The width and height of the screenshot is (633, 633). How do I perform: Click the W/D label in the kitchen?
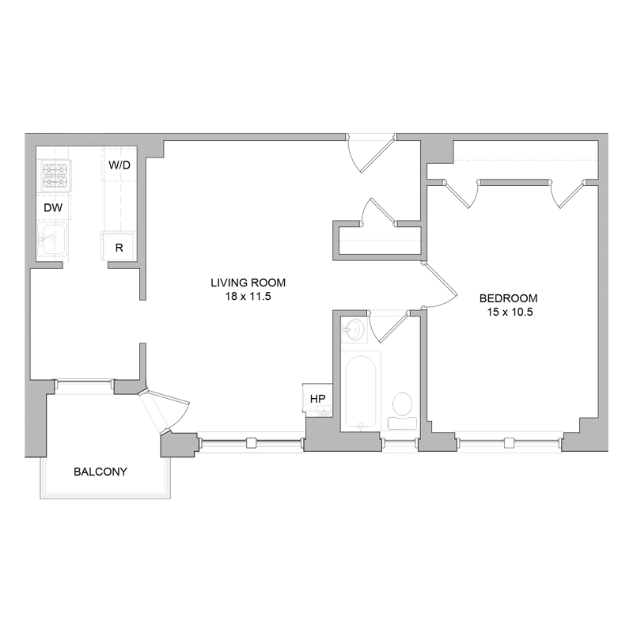coord(120,165)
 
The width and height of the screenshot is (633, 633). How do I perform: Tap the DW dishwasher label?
coord(53,207)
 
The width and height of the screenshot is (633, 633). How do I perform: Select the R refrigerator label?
coord(119,247)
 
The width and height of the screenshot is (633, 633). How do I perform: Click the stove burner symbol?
coord(55,175)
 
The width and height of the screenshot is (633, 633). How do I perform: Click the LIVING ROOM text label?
coord(248,282)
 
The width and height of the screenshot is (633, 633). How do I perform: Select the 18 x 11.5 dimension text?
coord(248,297)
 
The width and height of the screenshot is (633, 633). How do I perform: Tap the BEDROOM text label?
coord(509,298)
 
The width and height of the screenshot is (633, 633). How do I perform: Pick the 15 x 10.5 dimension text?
coord(509,313)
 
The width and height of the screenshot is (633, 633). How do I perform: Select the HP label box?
coord(317,399)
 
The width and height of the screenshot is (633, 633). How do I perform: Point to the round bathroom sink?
coord(354,330)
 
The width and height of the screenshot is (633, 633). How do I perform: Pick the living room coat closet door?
coord(378,212)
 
